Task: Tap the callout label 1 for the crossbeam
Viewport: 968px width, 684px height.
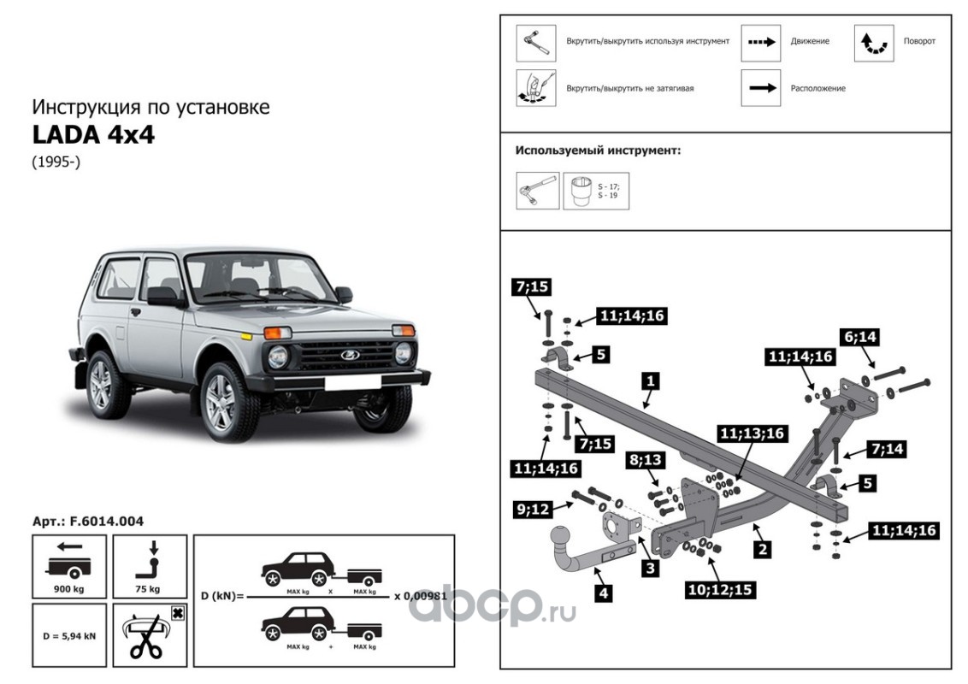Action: (x=650, y=380)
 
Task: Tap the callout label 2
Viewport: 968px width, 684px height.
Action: (x=760, y=549)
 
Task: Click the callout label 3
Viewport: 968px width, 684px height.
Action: (x=651, y=569)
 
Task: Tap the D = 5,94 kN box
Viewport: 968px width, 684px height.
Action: (x=69, y=635)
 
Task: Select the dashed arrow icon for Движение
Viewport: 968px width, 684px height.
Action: (x=760, y=43)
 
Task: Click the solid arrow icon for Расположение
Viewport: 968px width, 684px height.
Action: (x=760, y=88)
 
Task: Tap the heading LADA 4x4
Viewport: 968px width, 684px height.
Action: (x=94, y=135)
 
